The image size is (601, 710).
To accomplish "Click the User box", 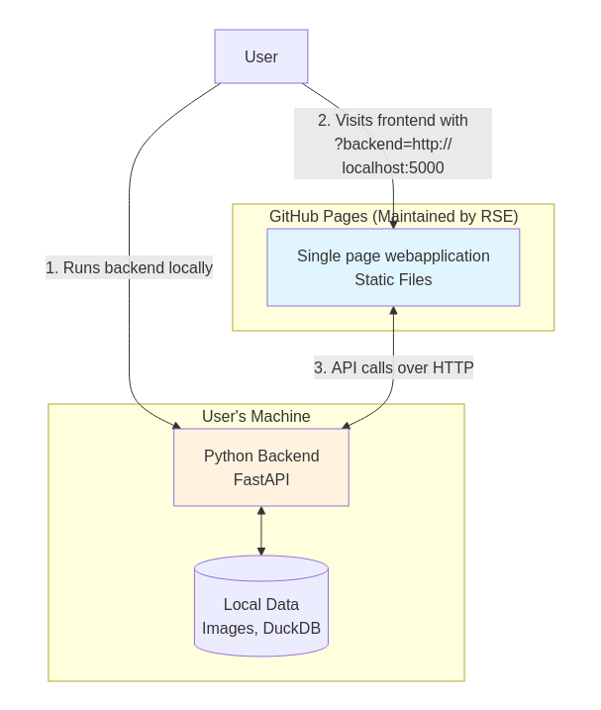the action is tap(261, 56).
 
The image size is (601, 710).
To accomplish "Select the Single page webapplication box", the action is tap(393, 267).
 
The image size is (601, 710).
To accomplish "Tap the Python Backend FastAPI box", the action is tap(261, 467).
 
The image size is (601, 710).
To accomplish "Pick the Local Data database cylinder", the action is tap(261, 606).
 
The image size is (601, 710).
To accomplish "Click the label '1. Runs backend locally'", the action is tap(129, 267).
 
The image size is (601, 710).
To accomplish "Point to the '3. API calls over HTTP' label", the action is tap(394, 367).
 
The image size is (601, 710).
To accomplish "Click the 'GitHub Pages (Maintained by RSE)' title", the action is tap(394, 217).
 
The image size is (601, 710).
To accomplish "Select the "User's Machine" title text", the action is tap(255, 416).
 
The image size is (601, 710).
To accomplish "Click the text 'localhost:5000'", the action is tap(393, 168).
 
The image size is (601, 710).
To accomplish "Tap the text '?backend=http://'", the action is tap(393, 144).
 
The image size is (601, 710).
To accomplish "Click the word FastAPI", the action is tap(261, 479).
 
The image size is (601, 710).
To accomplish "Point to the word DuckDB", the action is tap(292, 629).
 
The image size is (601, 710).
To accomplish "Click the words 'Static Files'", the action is tap(393, 280).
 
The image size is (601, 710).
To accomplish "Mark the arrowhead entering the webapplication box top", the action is tap(393, 225).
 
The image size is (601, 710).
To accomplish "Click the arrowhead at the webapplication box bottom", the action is tap(393, 311).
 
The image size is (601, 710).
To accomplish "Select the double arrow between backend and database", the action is tap(261, 531).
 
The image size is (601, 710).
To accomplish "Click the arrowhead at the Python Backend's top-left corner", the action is tap(176, 426).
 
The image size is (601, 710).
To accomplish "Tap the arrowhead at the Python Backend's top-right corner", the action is tap(346, 426).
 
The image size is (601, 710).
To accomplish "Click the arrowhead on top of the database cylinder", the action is tap(261, 552).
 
